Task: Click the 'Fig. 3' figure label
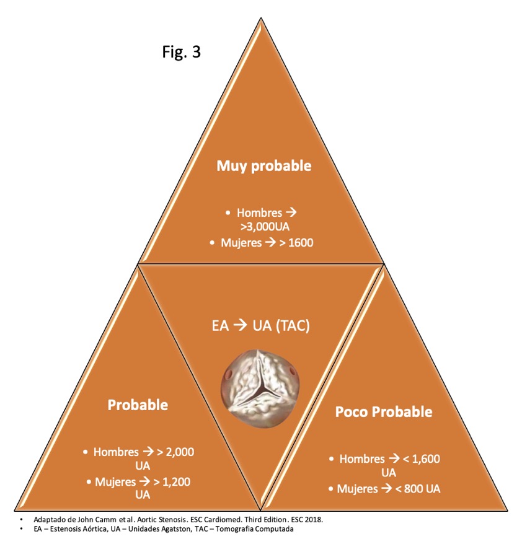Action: point(182,51)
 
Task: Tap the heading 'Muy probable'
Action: point(263,166)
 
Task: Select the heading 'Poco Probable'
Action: point(384,412)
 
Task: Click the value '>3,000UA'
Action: point(265,227)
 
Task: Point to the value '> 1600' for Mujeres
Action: point(296,242)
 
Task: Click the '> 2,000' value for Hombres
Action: point(175,452)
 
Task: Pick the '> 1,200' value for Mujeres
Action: point(172,481)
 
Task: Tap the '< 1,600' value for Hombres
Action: point(422,458)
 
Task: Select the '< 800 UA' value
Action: point(418,488)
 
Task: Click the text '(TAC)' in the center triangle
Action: point(293,326)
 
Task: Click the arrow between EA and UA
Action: point(240,325)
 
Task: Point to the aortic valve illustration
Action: point(260,388)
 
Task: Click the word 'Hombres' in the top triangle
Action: point(259,213)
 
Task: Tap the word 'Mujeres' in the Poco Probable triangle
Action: point(358,489)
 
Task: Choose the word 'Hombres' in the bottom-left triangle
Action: point(116,452)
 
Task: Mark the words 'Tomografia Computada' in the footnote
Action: point(254,529)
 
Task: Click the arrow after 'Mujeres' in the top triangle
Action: point(270,242)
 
